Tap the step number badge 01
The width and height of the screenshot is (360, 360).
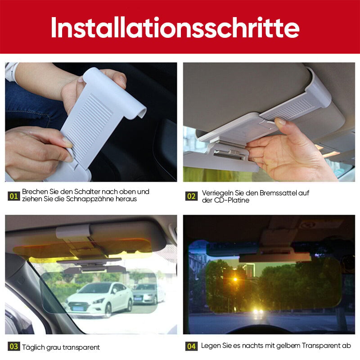point(14,196)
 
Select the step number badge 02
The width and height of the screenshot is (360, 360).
point(191,196)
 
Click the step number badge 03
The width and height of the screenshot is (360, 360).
point(14,346)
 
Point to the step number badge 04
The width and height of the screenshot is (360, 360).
point(191,346)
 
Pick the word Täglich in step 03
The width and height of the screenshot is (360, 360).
point(34,347)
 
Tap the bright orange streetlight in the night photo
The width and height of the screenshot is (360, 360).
point(234,279)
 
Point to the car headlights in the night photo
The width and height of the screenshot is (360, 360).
point(257,311)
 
